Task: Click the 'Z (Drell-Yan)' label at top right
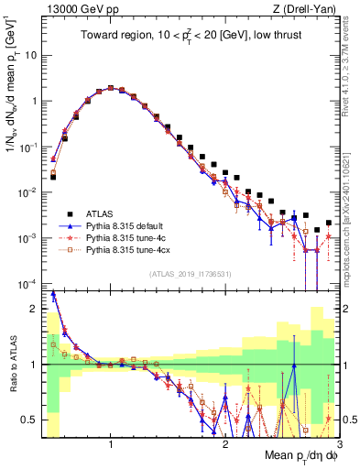click(309, 10)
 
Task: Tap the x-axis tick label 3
click(339, 443)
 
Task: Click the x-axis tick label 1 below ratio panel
click(111, 443)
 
